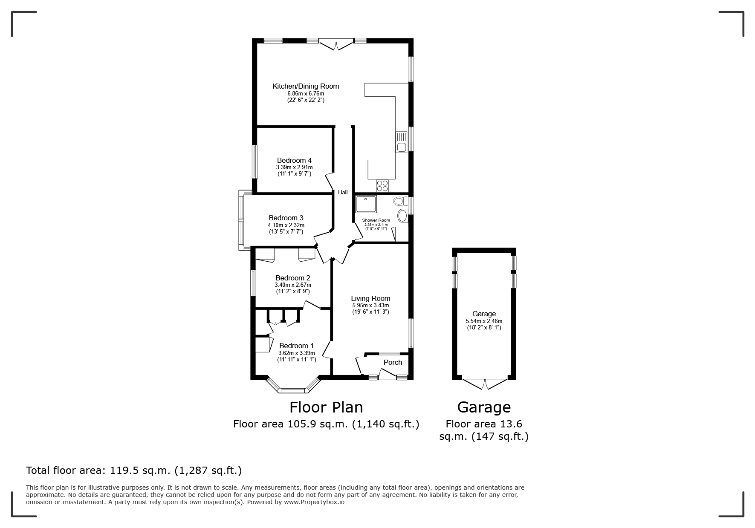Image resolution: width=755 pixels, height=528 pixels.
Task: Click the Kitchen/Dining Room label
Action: [306, 86]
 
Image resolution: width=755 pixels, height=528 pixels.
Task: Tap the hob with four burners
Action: [382, 186]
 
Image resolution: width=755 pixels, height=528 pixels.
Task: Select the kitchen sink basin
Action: [402, 147]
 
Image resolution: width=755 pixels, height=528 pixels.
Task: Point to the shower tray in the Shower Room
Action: [366, 204]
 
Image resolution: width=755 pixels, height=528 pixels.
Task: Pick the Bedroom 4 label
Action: [294, 160]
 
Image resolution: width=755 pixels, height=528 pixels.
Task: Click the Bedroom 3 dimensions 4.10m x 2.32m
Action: [286, 225]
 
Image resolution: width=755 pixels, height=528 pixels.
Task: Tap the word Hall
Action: [343, 192]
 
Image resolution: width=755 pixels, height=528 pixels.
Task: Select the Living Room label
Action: [370, 298]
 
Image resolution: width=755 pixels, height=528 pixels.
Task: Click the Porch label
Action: [393, 362]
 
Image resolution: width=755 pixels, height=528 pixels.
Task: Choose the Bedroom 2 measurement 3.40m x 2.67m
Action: [293, 285]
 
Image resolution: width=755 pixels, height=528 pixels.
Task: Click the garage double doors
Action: [484, 384]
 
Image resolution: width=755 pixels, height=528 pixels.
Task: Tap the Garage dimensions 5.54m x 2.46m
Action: [484, 321]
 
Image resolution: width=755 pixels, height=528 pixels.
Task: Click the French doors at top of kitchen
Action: [336, 44]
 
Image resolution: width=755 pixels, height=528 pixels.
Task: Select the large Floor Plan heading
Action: [326, 407]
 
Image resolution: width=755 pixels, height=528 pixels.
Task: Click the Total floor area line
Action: [134, 470]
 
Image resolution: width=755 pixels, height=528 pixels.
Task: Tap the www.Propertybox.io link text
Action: [314, 502]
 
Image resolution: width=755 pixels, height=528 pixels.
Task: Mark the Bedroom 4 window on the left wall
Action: [255, 162]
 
